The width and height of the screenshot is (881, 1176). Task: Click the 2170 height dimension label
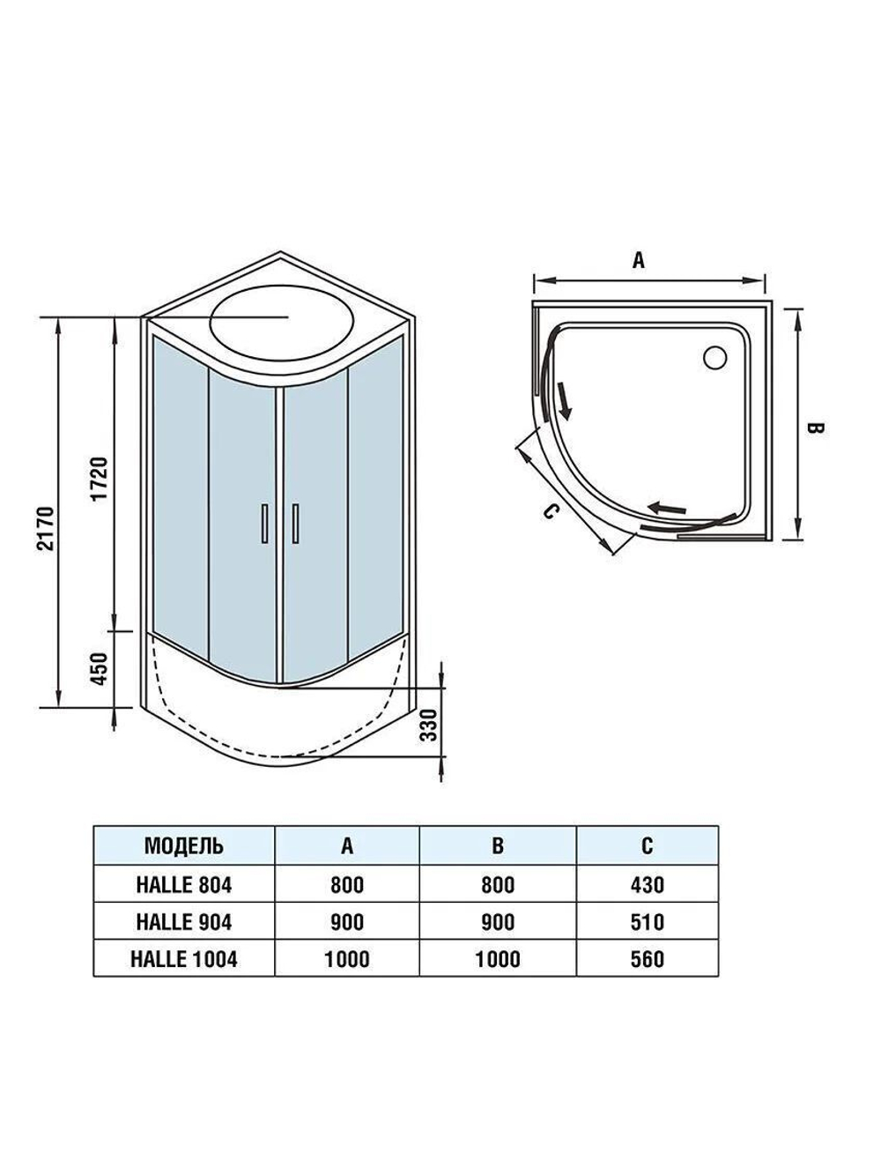(47, 528)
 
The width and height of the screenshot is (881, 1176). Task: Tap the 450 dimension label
(100, 668)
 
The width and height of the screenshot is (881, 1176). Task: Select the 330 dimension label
(429, 725)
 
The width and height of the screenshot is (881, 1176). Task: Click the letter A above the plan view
(639, 260)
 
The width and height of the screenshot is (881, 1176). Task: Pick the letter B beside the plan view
(815, 428)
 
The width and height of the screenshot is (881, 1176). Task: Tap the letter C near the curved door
(550, 511)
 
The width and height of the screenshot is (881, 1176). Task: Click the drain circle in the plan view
(715, 357)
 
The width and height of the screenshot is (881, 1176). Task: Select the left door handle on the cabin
(264, 524)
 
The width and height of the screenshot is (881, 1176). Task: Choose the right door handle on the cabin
(295, 524)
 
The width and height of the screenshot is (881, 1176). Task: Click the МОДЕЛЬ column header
(183, 846)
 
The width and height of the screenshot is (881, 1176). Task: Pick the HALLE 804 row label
(183, 885)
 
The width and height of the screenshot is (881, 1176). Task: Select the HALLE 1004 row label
(183, 959)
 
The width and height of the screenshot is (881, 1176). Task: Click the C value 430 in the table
(648, 885)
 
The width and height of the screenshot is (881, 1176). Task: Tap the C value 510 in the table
(648, 922)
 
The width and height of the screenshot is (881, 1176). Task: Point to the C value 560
(648, 959)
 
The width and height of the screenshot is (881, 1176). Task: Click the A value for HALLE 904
(347, 922)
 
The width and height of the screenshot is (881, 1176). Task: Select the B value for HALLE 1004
(497, 959)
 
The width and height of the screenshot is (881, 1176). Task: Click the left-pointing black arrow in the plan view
(667, 508)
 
